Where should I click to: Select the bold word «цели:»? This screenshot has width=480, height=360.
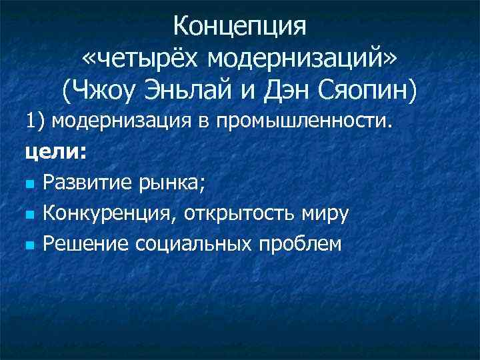55,153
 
